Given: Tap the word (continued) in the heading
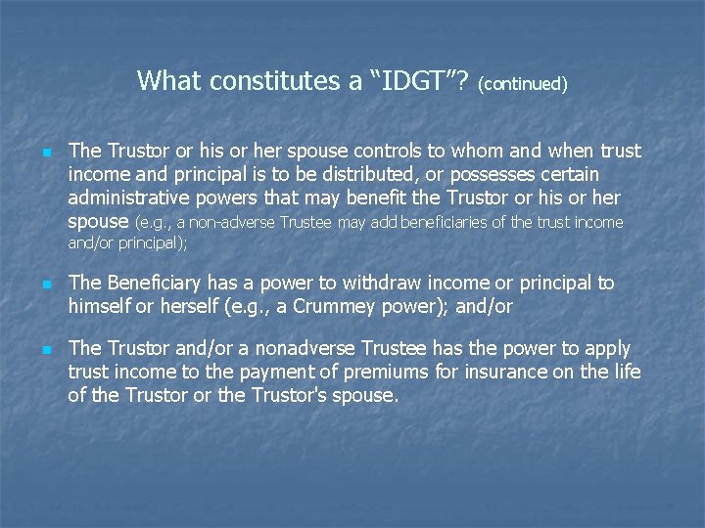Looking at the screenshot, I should tap(524, 84).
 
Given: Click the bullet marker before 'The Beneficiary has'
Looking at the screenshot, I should tap(45, 285).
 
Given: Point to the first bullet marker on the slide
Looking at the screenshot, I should tap(45, 153).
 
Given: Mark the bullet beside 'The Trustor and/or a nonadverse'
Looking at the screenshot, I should tap(45, 350).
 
